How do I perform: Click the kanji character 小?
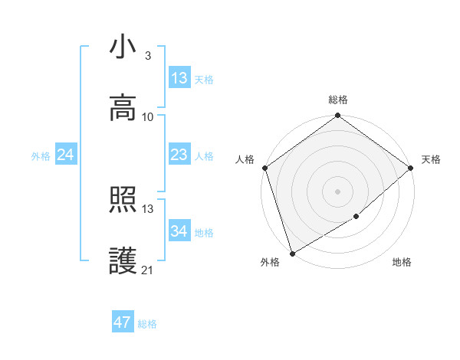click(x=123, y=48)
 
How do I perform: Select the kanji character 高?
click(x=123, y=108)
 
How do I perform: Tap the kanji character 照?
click(x=123, y=201)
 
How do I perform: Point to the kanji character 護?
click(x=123, y=262)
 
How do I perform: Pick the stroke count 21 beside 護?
click(x=147, y=270)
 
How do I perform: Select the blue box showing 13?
click(x=179, y=78)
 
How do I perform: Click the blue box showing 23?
click(x=179, y=155)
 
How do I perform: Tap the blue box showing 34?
click(x=179, y=231)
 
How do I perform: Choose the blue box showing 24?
click(x=66, y=155)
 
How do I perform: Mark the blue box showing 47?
click(x=123, y=322)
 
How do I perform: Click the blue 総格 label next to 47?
click(x=147, y=324)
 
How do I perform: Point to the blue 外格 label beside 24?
click(x=41, y=156)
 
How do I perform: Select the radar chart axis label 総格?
click(x=338, y=100)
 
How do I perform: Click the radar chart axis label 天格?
click(x=431, y=159)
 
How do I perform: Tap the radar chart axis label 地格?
click(x=402, y=263)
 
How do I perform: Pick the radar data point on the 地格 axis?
click(x=356, y=217)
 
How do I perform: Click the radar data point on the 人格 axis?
click(x=264, y=168)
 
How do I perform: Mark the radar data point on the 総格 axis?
click(x=338, y=116)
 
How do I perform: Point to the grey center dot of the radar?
click(x=338, y=191)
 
